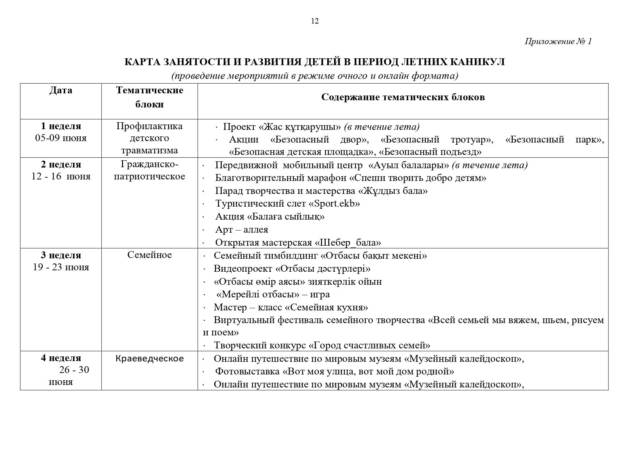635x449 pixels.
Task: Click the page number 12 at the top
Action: pos(315,21)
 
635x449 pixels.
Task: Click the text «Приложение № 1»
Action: pos(558,42)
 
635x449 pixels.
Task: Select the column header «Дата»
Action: pos(61,90)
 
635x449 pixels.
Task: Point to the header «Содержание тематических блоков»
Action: pos(403,97)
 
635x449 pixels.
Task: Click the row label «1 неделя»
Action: pos(61,126)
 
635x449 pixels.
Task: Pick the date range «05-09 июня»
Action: pos(61,138)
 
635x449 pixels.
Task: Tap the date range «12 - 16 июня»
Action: pos(61,177)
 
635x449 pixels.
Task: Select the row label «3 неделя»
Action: pos(61,255)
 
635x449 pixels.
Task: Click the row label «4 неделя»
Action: pos(61,358)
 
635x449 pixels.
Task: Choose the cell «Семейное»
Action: pos(149,255)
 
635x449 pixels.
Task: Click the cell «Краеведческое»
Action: pos(149,359)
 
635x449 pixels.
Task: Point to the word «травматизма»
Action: pos(149,151)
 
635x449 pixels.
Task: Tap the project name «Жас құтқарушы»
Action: pos(300,127)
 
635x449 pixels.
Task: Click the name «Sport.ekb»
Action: pos(334,204)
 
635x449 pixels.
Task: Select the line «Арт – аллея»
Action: pos(241,230)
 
